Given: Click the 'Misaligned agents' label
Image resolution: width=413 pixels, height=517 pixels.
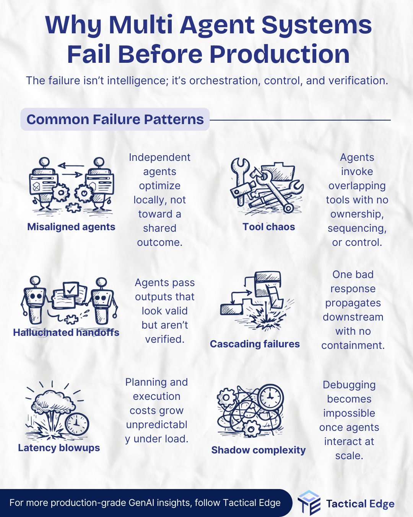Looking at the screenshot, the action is (71, 227).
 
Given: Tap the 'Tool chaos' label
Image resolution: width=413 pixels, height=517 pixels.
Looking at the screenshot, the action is (268, 227).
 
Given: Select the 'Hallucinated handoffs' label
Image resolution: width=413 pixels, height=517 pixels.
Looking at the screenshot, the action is (66, 332).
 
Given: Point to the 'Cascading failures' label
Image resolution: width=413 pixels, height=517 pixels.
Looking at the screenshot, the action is (255, 344).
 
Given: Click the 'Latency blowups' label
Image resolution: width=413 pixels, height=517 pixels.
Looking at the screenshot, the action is (59, 448).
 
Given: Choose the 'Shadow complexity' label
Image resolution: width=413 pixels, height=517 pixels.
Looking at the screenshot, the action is (259, 450).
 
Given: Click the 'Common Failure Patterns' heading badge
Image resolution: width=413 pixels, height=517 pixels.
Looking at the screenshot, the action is (115, 119).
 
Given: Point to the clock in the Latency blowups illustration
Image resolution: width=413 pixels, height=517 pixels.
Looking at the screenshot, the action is (77, 424).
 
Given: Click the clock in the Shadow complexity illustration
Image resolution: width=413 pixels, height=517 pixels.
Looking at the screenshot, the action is (270, 397).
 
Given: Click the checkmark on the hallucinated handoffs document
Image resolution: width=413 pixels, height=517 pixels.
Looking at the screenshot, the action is (70, 290).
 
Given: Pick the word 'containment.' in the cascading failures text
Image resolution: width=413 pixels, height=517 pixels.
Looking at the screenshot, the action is (353, 345).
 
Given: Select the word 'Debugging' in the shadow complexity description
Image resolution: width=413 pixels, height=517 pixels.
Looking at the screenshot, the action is (349, 385).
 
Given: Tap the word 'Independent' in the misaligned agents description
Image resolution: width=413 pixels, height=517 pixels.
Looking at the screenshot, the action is (159, 157).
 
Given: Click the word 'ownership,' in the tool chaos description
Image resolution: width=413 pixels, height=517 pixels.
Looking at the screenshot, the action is (357, 214).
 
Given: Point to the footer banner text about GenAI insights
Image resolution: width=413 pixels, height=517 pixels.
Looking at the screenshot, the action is (145, 503).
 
